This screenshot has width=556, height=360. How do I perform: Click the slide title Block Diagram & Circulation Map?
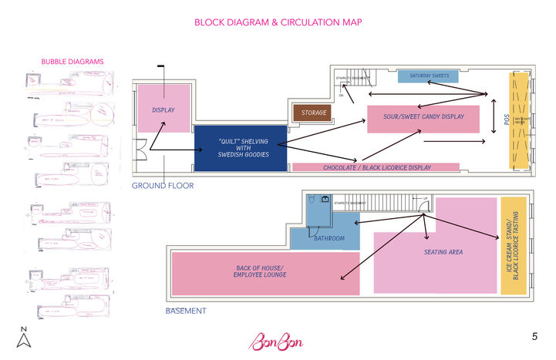pyautogui.click(x=278, y=22)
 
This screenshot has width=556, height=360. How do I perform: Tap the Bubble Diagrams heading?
pyautogui.click(x=72, y=62)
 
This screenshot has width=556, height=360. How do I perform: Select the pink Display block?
pyautogui.click(x=163, y=109)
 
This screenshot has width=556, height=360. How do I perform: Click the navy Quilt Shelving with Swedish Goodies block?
pyautogui.click(x=240, y=148)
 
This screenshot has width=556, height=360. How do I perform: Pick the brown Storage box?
pyautogui.click(x=313, y=113)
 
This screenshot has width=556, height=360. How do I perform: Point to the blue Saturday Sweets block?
pyautogui.click(x=429, y=76)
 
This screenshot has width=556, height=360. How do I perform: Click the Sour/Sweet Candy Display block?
pyautogui.click(x=423, y=118)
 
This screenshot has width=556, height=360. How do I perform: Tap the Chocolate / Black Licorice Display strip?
pyautogui.click(x=376, y=167)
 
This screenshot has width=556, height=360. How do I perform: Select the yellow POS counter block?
pyautogui.click(x=520, y=119)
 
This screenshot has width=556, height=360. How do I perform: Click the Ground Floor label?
pyautogui.click(x=162, y=186)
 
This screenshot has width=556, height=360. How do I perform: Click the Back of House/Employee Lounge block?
pyautogui.click(x=265, y=273)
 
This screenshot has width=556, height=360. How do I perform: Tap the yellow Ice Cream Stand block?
pyautogui.click(x=513, y=245)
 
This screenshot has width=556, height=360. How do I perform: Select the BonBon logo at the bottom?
pyautogui.click(x=276, y=340)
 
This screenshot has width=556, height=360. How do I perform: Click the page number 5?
pyautogui.click(x=534, y=337)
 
